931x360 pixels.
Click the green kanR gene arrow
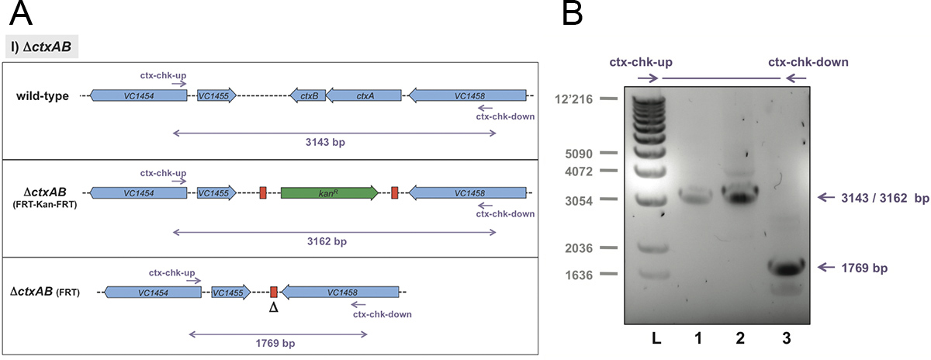(x=330, y=192)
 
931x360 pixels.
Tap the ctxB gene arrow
(x=306, y=96)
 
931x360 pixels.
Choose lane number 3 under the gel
(x=786, y=339)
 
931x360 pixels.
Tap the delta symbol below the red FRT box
(x=273, y=308)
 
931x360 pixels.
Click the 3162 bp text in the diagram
(x=333, y=242)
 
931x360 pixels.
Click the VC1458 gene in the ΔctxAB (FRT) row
(x=341, y=292)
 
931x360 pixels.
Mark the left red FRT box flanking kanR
(x=263, y=192)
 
